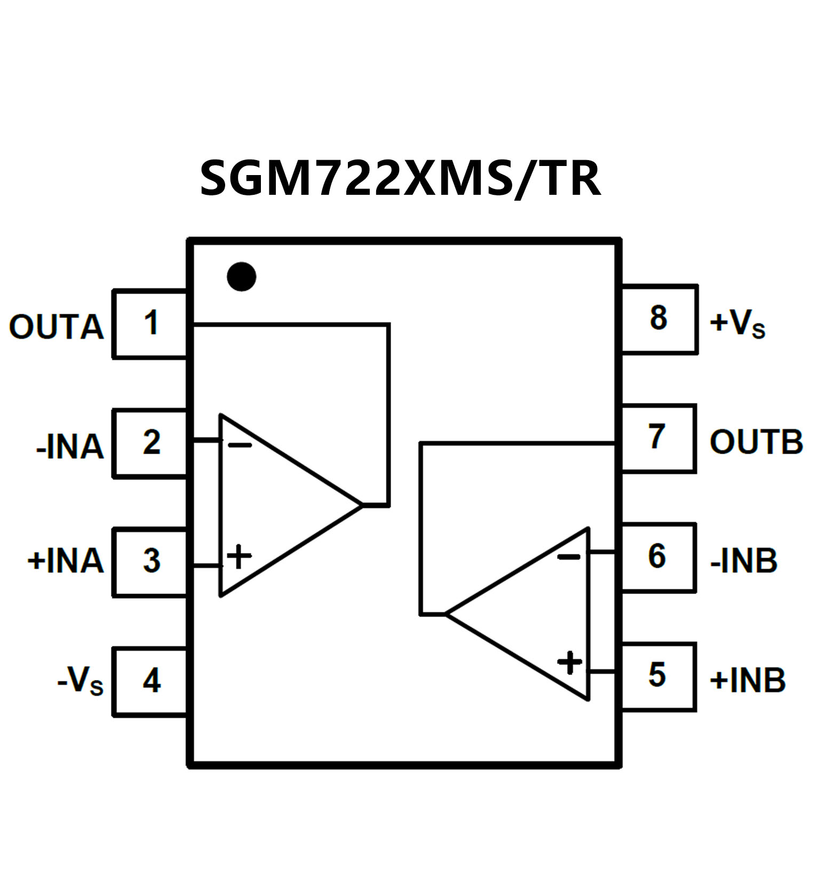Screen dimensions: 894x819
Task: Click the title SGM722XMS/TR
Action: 400,178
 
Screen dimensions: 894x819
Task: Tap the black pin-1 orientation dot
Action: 241,276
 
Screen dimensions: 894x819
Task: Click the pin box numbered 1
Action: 150,324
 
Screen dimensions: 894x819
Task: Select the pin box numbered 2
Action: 150,443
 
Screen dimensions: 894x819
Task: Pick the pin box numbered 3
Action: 150,561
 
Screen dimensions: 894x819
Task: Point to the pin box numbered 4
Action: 150,681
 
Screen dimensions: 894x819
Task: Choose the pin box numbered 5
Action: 658,676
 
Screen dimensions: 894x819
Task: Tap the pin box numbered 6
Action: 658,557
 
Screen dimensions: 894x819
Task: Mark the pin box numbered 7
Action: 658,438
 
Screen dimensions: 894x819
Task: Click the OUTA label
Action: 56,327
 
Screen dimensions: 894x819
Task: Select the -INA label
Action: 69,446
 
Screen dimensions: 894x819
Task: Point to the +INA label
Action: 65,561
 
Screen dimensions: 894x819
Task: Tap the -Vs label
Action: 80,681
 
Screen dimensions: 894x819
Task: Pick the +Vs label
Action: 737,323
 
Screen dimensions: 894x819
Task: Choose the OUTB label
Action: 756,442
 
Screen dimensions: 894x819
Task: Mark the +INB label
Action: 748,681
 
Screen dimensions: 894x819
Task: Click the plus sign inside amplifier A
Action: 239,557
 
